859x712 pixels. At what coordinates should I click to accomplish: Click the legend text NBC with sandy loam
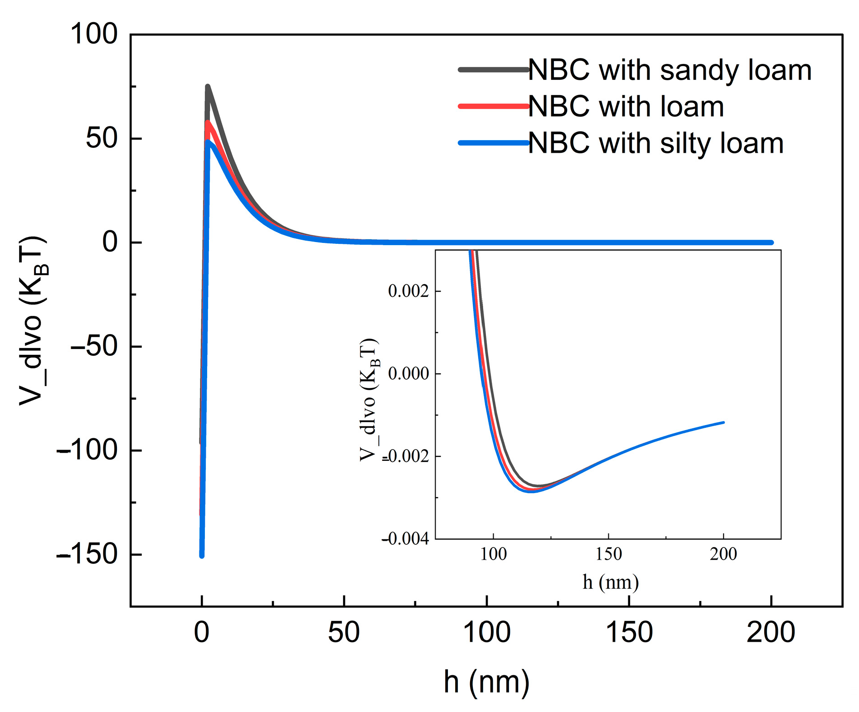coord(670,70)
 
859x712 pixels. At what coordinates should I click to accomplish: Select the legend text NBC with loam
coord(626,107)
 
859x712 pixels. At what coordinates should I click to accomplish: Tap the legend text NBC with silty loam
coord(656,143)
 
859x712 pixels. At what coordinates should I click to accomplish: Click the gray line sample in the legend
coord(494,70)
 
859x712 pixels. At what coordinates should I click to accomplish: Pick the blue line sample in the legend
coord(494,143)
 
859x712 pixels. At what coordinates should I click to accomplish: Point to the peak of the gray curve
coord(208,86)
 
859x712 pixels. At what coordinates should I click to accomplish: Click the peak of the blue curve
coord(208,142)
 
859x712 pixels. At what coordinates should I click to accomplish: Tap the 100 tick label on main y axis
coord(94,34)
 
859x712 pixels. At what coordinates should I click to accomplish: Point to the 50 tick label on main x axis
coord(344,632)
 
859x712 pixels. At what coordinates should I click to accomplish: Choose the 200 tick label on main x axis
coord(771,632)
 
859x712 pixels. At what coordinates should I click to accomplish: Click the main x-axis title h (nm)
coord(486,682)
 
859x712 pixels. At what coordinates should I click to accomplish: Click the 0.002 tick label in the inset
coord(408,291)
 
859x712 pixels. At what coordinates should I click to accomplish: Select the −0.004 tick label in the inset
coord(405,538)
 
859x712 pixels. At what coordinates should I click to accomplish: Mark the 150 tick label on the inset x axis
coord(608,554)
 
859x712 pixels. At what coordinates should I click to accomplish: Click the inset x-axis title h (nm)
coord(610,582)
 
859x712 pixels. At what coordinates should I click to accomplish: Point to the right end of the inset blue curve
coord(723,422)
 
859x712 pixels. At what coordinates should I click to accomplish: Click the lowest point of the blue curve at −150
coord(202,556)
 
